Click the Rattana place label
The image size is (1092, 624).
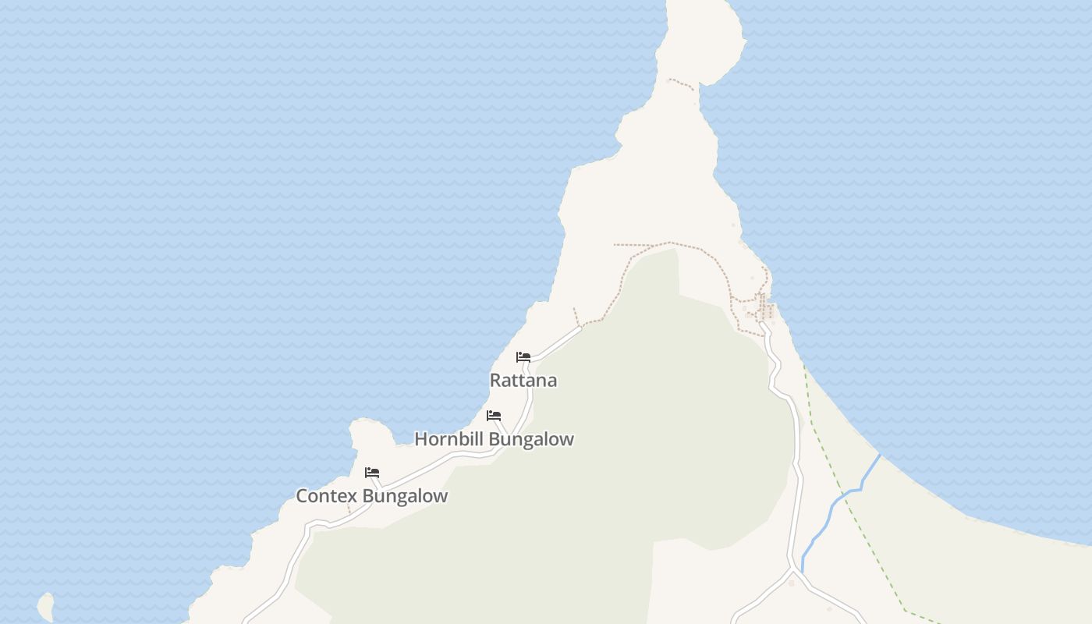[x=523, y=381]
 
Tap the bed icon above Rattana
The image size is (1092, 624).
[x=523, y=357]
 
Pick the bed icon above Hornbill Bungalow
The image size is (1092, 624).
[x=494, y=416]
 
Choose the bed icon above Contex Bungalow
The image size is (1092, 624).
[x=372, y=473]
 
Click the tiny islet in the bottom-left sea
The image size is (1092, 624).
[x=46, y=606]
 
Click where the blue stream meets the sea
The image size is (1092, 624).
[x=880, y=456]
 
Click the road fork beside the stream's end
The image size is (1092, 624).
[x=793, y=573]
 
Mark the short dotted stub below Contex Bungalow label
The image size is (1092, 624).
[x=349, y=509]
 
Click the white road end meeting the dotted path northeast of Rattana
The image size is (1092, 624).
[x=580, y=327]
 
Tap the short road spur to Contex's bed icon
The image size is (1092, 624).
[x=377, y=483]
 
